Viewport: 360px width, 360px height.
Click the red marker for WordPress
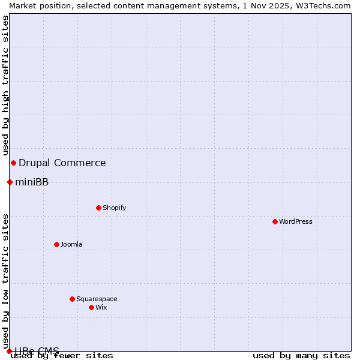(275, 221)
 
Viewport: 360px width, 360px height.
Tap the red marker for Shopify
(98, 208)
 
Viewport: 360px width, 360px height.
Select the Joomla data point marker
(56, 244)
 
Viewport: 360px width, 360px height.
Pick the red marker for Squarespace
(72, 299)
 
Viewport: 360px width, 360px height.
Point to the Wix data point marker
(91, 307)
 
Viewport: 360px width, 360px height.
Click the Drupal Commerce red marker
(13, 163)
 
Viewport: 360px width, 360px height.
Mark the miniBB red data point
(10, 182)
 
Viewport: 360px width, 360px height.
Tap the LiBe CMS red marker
(9, 351)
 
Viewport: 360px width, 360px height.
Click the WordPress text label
(296, 221)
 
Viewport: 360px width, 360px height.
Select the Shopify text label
(114, 208)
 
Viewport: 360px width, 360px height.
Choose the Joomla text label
(71, 244)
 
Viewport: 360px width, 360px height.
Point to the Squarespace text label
(97, 299)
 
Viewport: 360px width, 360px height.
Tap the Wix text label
(101, 307)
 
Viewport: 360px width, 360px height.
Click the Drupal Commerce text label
(62, 163)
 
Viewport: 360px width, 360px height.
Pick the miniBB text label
(32, 182)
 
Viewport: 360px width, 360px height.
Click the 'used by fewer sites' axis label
(62, 356)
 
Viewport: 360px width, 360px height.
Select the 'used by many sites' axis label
(301, 356)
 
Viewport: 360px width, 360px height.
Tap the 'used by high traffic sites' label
(5, 85)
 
